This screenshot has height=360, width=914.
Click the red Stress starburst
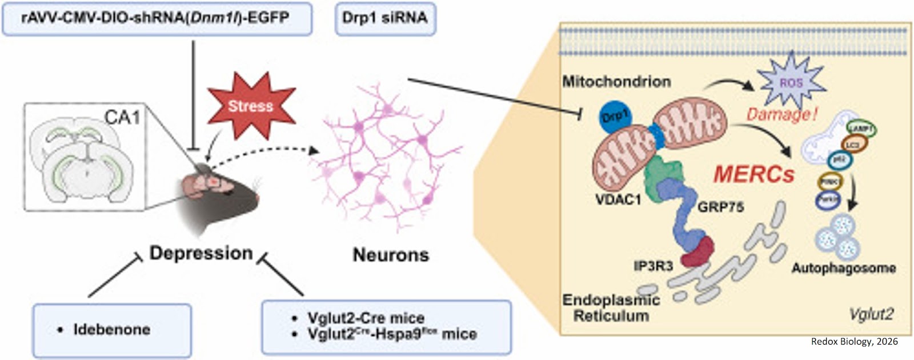click(x=251, y=106)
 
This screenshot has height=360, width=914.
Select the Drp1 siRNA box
click(x=384, y=18)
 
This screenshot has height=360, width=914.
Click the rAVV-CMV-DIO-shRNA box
click(x=157, y=18)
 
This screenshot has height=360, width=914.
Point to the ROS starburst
click(x=791, y=83)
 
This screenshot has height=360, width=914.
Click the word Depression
click(x=201, y=253)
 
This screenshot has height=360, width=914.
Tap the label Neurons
click(x=390, y=254)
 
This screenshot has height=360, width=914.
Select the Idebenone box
click(x=112, y=329)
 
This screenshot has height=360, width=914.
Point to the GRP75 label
click(x=720, y=207)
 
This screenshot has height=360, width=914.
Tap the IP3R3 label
click(x=653, y=266)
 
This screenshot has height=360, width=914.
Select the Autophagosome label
click(x=843, y=267)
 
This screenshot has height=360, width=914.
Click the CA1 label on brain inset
click(x=122, y=117)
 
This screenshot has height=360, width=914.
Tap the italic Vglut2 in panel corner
click(x=871, y=314)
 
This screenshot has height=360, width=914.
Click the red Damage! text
click(x=782, y=115)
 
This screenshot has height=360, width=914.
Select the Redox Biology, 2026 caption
click(x=854, y=342)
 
